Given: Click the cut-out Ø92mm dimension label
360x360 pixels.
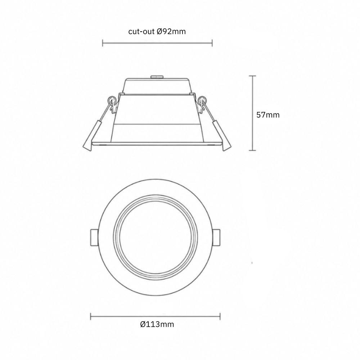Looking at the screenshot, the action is pyautogui.click(x=157, y=31).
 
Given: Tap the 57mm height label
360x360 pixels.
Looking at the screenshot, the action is pyautogui.click(x=268, y=115).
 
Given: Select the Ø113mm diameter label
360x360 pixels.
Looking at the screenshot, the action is pyautogui.click(x=157, y=324).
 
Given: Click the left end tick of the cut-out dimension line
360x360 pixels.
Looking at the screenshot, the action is pyautogui.click(x=103, y=43).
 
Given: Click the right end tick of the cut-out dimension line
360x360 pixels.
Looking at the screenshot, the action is pyautogui.click(x=212, y=43).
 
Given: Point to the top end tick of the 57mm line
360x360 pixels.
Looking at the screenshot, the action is pyautogui.click(x=253, y=76).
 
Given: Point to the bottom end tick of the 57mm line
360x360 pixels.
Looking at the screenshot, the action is pyautogui.click(x=253, y=150).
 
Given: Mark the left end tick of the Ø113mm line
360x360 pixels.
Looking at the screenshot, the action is pyautogui.click(x=91, y=316).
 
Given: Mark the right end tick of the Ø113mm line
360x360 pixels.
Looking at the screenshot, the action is pyautogui.click(x=220, y=316).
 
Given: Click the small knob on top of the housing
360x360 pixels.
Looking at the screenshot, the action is pyautogui.click(x=157, y=77).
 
